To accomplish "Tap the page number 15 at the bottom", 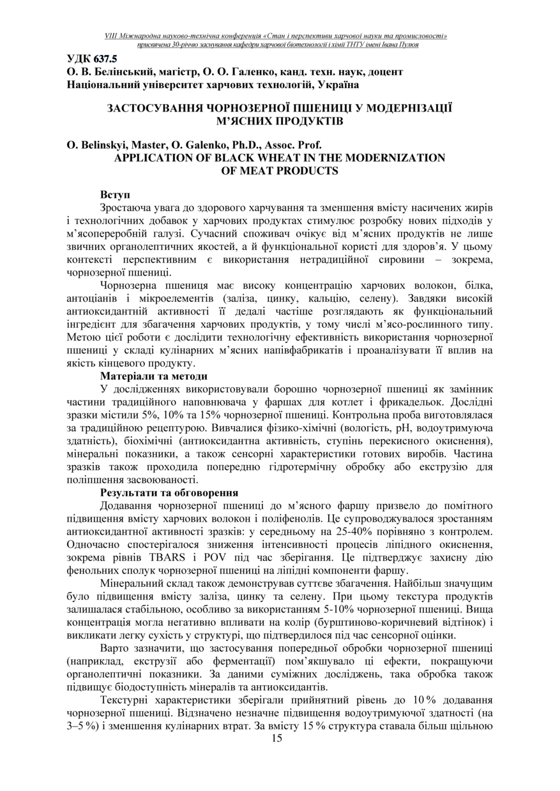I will click(276, 739).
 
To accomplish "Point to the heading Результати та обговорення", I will click(169, 492).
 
